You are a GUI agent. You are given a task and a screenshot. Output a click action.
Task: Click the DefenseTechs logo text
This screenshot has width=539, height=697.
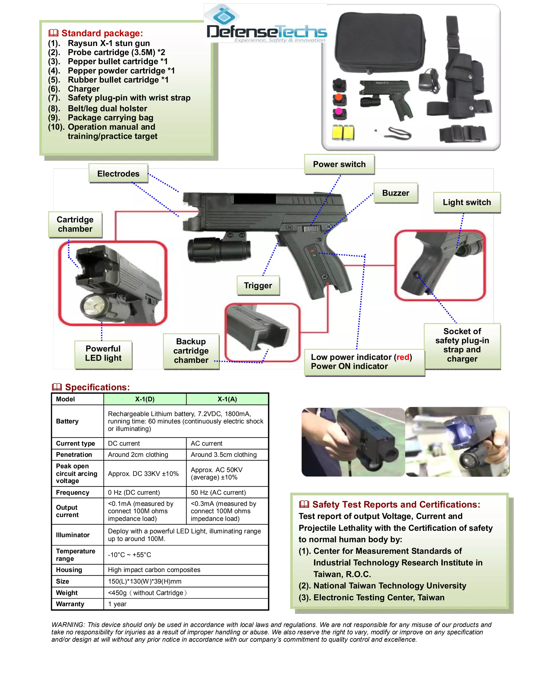click(x=267, y=32)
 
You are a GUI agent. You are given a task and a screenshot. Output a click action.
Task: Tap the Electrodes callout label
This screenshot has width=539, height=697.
click(x=118, y=174)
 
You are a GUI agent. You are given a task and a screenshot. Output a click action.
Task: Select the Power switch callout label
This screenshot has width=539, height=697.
click(x=339, y=164)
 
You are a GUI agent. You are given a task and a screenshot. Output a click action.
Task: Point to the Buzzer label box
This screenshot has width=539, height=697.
click(x=396, y=193)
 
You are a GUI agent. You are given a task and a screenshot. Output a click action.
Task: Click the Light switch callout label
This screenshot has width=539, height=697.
click(x=467, y=202)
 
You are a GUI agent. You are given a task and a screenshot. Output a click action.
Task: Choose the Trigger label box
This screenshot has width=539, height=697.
click(x=258, y=285)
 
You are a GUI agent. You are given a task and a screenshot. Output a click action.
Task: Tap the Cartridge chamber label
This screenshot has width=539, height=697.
click(x=75, y=224)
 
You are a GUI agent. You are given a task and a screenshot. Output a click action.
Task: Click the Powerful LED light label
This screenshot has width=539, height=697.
click(x=103, y=353)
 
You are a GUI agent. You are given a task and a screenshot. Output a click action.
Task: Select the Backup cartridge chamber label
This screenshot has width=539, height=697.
click(x=191, y=351)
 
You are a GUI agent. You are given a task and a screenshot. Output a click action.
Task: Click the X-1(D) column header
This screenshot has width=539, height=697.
click(x=145, y=399)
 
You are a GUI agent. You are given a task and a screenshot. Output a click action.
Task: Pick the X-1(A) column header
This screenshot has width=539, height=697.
click(x=227, y=399)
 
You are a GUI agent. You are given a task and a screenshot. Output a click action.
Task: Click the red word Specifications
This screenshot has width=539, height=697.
click(x=97, y=387)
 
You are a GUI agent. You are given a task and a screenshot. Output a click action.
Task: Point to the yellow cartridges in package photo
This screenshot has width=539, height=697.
click(x=343, y=132)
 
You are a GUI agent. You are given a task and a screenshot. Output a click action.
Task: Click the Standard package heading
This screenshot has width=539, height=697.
click(x=102, y=33)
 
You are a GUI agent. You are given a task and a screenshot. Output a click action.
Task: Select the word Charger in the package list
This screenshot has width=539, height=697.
click(x=84, y=89)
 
